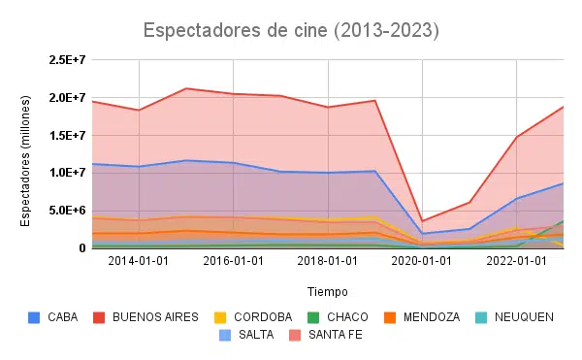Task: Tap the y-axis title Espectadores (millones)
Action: click(25, 161)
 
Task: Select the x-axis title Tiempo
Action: click(328, 292)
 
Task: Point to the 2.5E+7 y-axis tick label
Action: click(68, 60)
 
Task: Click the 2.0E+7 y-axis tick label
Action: click(68, 98)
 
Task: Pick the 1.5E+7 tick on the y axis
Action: click(68, 136)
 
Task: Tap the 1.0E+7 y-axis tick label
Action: click(68, 173)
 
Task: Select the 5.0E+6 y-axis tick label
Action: click(68, 211)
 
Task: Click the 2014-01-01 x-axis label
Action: click(139, 261)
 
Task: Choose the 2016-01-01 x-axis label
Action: click(233, 261)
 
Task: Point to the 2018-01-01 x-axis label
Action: click(328, 261)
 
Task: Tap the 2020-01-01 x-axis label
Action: click(422, 261)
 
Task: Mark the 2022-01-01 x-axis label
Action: click(516, 261)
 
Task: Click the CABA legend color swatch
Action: click(34, 317)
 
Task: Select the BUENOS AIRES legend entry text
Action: click(155, 317)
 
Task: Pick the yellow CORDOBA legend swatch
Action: click(220, 317)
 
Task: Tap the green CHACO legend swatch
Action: click(313, 317)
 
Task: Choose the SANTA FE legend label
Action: click(336, 335)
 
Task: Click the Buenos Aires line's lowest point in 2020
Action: click(422, 221)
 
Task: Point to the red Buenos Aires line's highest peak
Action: click(186, 88)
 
